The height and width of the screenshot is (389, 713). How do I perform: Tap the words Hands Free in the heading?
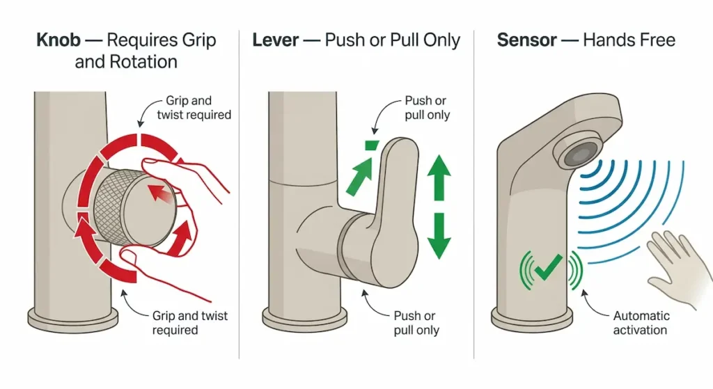pyautogui.click(x=629, y=40)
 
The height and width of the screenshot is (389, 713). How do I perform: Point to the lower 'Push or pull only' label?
pyautogui.click(x=416, y=323)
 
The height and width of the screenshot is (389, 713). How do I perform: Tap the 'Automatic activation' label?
pyautogui.click(x=641, y=323)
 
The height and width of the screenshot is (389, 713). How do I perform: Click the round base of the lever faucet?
pyautogui.click(x=311, y=319)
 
